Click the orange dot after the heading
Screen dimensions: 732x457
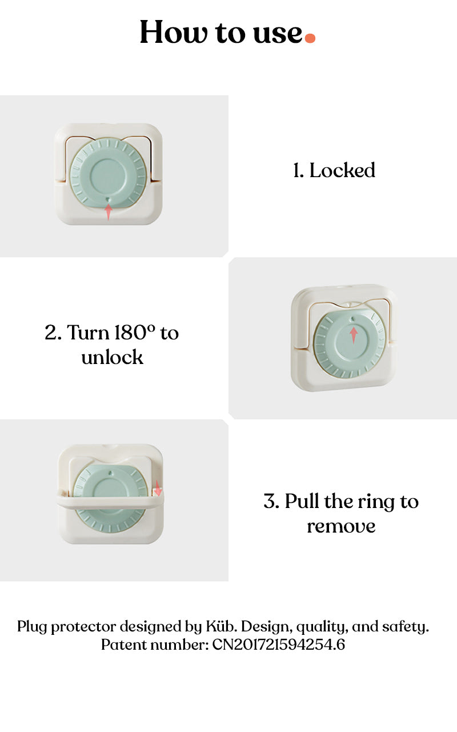(310, 38)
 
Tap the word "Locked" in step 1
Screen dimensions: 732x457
(342, 170)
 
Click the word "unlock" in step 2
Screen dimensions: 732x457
(112, 357)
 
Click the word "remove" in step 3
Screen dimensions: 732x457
(341, 526)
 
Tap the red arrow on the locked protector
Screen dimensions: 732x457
(109, 211)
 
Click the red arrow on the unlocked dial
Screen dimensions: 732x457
(354, 334)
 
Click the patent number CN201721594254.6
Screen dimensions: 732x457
(279, 645)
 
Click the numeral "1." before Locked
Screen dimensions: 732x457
(298, 170)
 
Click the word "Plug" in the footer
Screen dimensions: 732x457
(32, 627)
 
